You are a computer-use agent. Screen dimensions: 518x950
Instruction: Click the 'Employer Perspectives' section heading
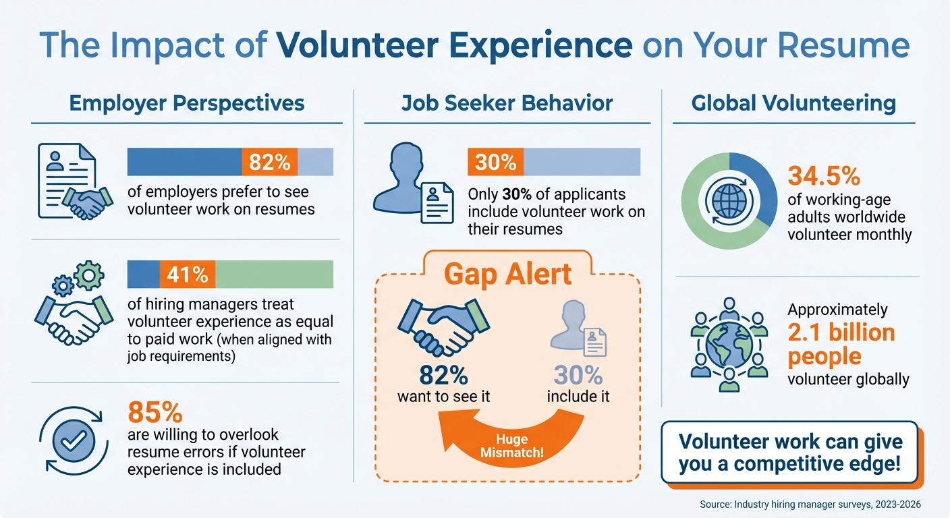[187, 103]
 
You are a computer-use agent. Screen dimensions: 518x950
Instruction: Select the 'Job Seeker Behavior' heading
[507, 103]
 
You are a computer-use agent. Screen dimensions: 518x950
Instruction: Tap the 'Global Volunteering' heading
[793, 103]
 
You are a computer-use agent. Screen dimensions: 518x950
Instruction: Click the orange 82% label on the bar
[269, 162]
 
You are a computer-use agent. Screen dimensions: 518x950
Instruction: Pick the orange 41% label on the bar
[187, 275]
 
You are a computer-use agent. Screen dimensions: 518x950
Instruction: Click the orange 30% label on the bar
[495, 162]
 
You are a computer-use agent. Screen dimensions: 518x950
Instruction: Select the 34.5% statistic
[824, 177]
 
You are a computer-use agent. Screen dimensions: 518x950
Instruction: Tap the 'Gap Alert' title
[508, 274]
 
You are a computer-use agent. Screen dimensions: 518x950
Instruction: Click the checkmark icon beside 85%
[71, 441]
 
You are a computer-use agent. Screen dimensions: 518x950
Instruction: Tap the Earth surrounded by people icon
[729, 344]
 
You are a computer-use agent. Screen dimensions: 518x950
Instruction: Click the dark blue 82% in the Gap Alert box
[443, 375]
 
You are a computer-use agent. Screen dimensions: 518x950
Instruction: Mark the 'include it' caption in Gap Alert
[578, 397]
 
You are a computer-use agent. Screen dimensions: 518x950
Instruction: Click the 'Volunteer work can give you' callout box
[790, 453]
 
